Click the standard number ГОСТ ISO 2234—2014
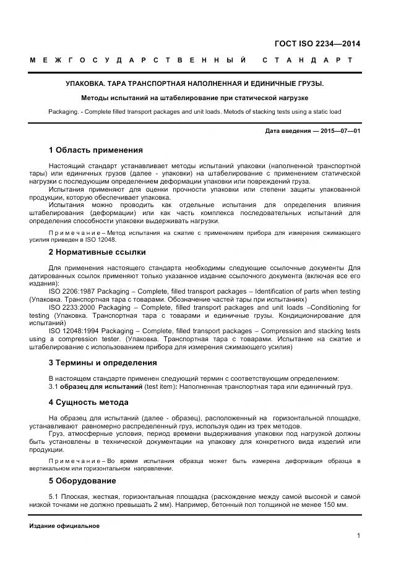pyautogui.click(x=317, y=43)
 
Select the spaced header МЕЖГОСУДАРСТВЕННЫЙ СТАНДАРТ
pyautogui.click(x=191, y=61)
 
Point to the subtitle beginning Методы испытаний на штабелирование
pyautogui.click(x=194, y=98)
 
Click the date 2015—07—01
pyautogui.click(x=340, y=131)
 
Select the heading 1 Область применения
pyautogui.click(x=95, y=150)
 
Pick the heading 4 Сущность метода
pyautogui.click(x=88, y=402)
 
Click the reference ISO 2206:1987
pyautogui.click(x=72, y=291)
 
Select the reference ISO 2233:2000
pyautogui.click(x=72, y=307)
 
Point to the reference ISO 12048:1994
pyautogui.click(x=74, y=331)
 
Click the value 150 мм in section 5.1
pyautogui.click(x=334, y=506)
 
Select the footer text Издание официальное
pyautogui.click(x=64, y=526)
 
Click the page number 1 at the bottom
pyautogui.click(x=358, y=536)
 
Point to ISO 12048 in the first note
pyautogui.click(x=103, y=239)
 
